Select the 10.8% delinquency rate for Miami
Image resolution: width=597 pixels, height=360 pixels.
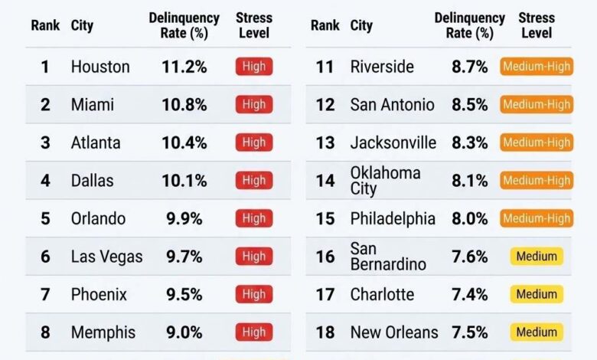184,105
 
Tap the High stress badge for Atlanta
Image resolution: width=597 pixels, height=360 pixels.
253,142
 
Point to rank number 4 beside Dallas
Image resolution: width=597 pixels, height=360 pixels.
45,181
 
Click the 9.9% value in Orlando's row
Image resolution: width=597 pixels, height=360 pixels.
184,218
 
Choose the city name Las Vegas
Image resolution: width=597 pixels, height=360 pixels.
106,257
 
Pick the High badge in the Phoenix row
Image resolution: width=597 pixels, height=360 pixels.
253,294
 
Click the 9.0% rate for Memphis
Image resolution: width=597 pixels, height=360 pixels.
184,332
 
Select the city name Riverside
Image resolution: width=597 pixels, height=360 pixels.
381,67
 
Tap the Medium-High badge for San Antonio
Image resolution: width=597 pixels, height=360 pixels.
537,105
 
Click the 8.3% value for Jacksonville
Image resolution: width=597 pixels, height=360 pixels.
469,142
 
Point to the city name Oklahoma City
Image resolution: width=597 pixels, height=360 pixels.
385,181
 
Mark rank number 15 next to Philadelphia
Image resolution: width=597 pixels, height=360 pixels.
325,218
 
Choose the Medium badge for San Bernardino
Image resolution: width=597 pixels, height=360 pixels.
537,257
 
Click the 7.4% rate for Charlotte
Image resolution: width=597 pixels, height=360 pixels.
469,294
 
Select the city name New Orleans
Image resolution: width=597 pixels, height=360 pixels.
394,332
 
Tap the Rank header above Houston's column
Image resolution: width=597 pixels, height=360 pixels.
45,25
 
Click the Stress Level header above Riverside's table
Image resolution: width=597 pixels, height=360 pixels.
537,25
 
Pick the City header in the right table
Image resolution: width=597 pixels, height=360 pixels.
361,25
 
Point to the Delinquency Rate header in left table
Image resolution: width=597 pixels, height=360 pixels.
184,25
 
